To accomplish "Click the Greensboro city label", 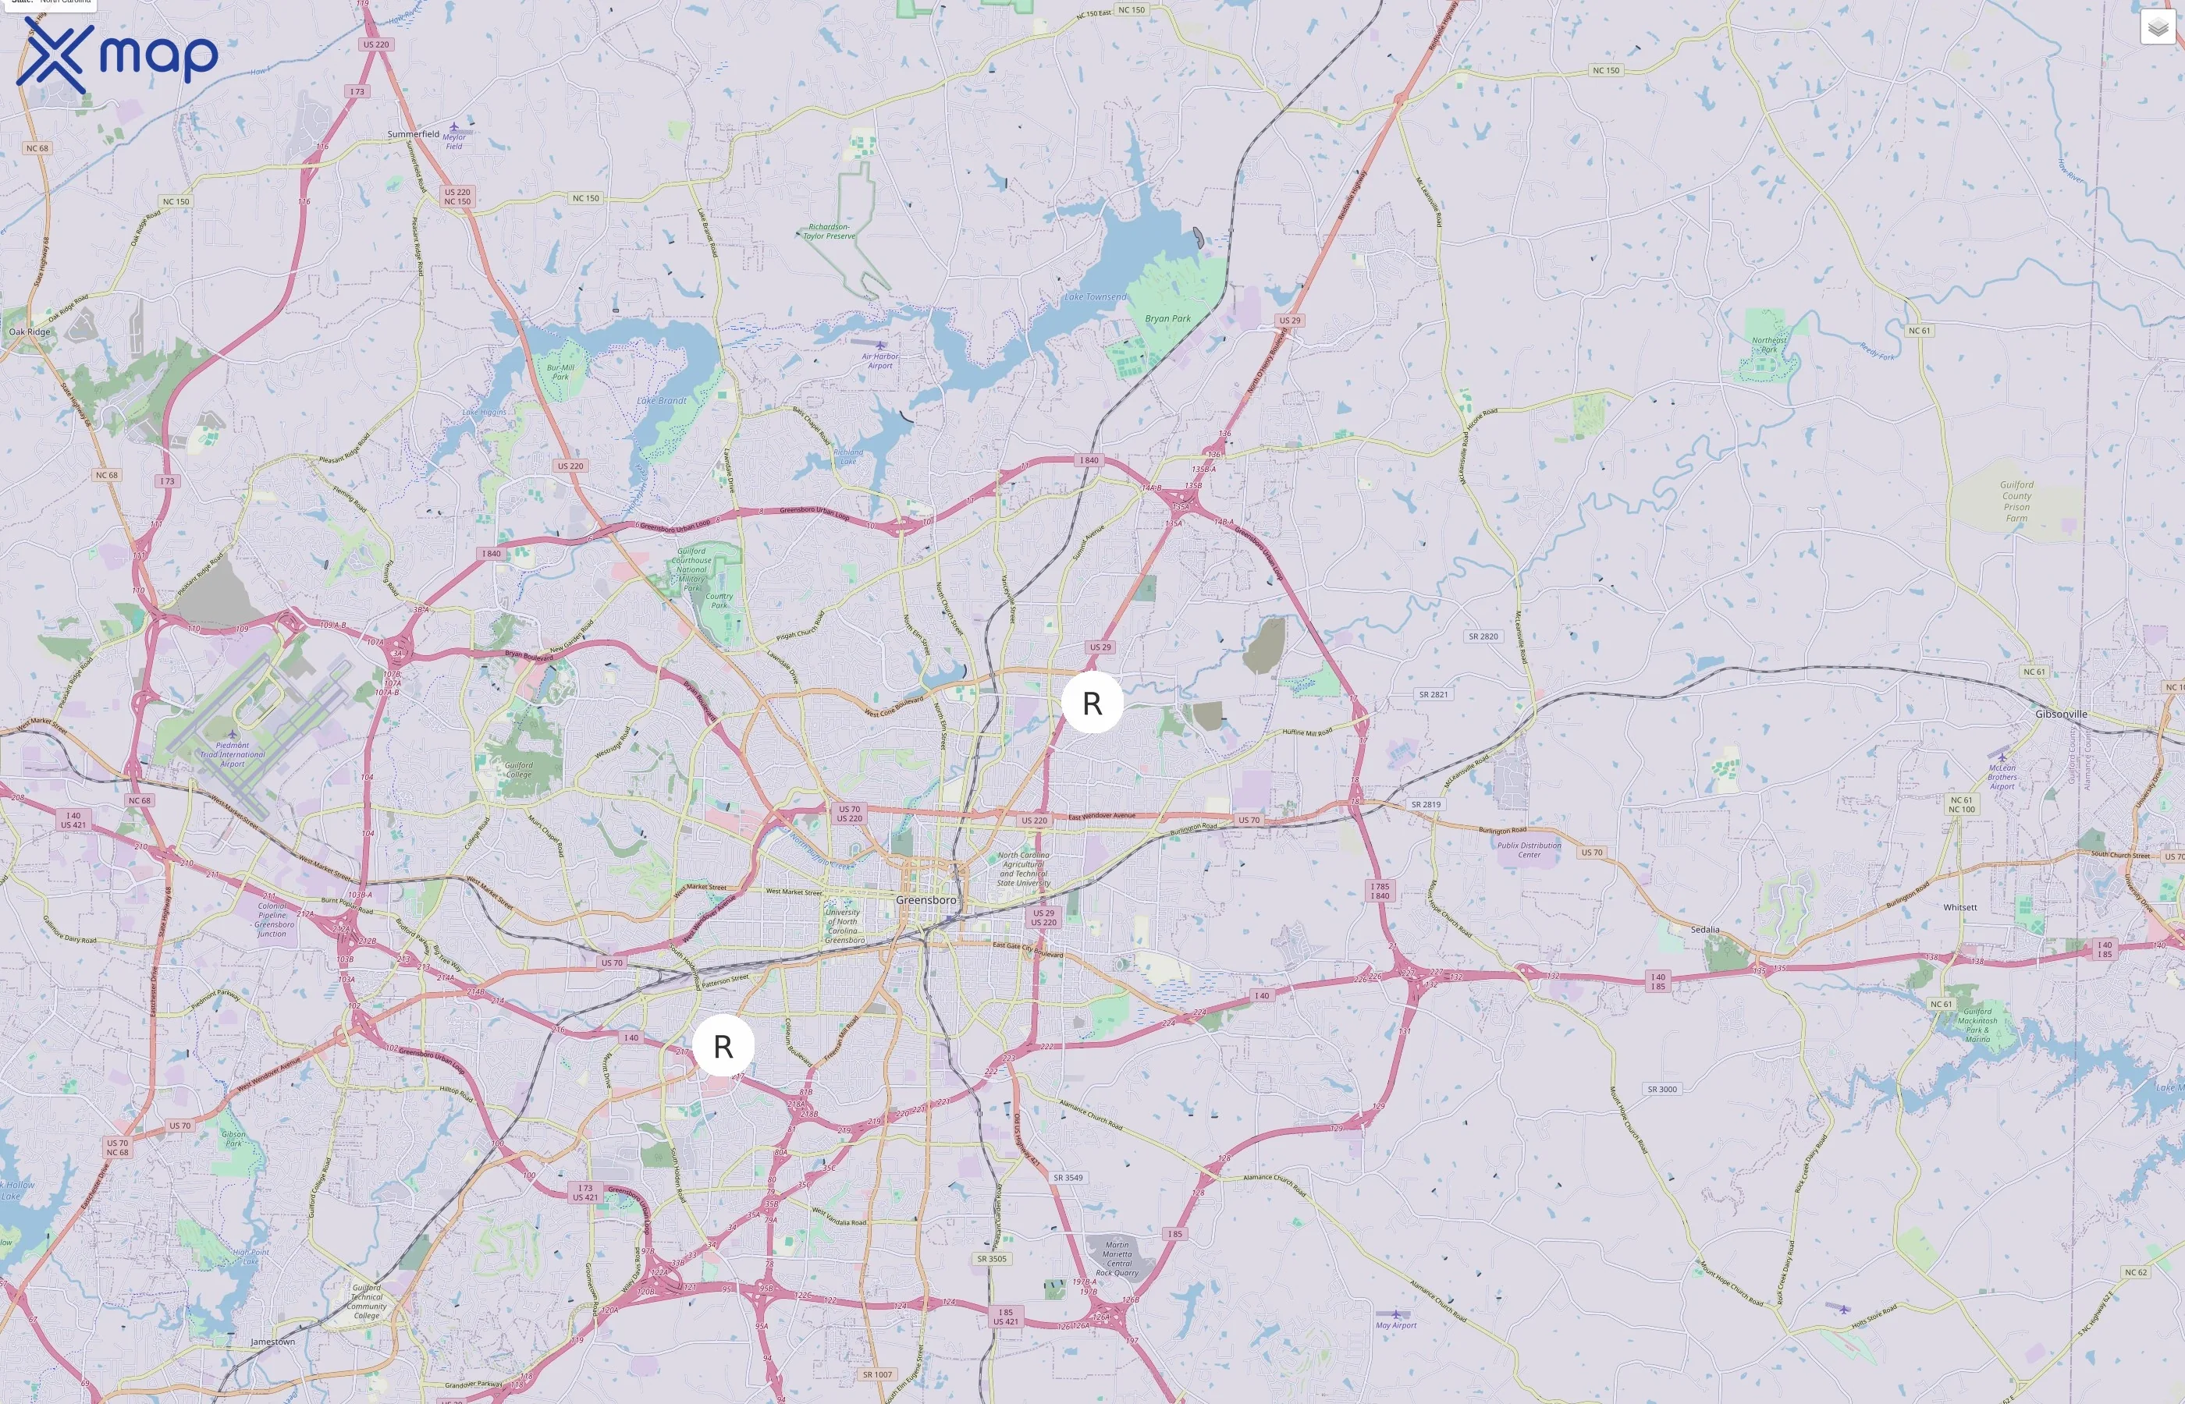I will click(x=926, y=900).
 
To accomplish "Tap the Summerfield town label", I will click(x=413, y=134).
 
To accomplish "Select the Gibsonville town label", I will click(x=2061, y=714).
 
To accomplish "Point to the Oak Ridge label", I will click(x=30, y=331).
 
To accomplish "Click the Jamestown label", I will click(x=272, y=1342).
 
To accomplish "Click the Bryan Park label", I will click(x=1167, y=319).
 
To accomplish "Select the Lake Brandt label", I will click(x=661, y=401).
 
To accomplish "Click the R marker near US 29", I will click(x=1092, y=703).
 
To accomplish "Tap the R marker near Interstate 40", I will click(x=723, y=1046).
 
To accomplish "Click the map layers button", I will click(x=2157, y=27).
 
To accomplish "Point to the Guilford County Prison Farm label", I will click(x=2016, y=502).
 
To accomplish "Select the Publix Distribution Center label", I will click(x=1529, y=849).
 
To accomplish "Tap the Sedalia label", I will click(x=1704, y=930).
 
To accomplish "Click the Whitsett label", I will click(x=1959, y=907).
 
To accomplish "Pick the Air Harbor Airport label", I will click(x=880, y=361).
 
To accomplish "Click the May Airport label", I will click(x=1396, y=1324).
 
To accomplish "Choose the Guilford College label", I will click(x=519, y=771).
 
